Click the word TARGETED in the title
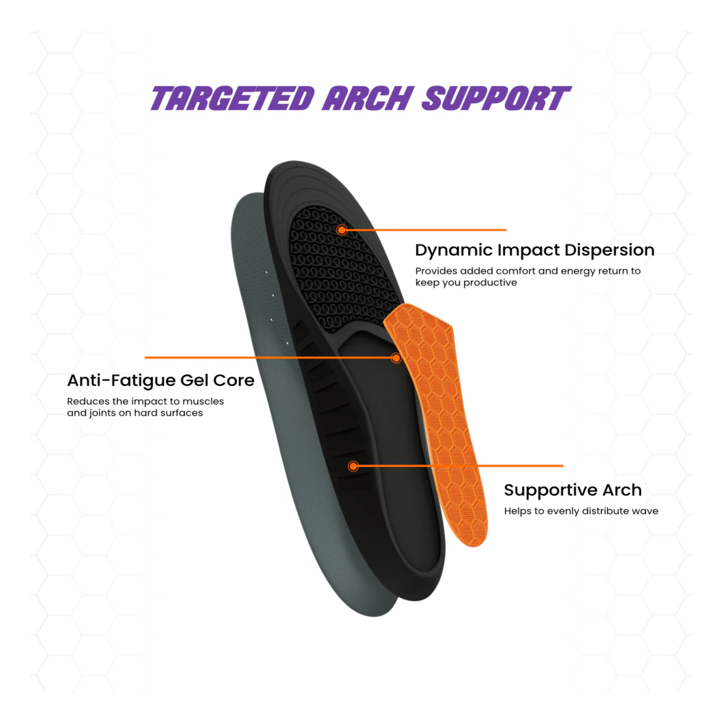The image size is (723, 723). (x=232, y=98)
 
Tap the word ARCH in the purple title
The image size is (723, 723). (x=368, y=98)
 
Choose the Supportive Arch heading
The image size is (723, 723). (x=573, y=490)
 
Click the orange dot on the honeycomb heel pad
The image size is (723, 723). (x=341, y=230)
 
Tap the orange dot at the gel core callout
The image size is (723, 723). (x=396, y=358)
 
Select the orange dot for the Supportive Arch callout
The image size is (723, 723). (x=353, y=466)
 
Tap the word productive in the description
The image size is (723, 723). (x=490, y=283)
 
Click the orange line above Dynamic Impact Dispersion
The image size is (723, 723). (x=424, y=230)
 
